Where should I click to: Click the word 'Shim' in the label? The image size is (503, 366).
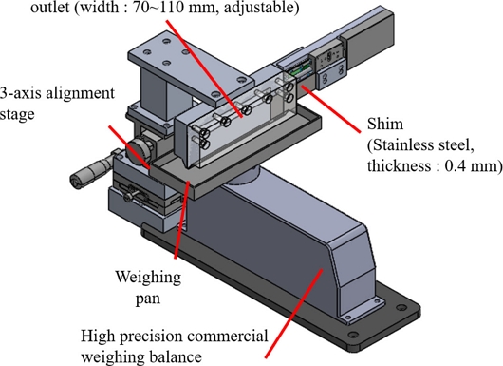(x=385, y=124)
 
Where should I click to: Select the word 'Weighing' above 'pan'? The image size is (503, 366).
(x=148, y=278)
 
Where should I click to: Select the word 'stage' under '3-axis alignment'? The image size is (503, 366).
(x=17, y=115)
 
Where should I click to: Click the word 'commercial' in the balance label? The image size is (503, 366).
(x=228, y=337)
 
